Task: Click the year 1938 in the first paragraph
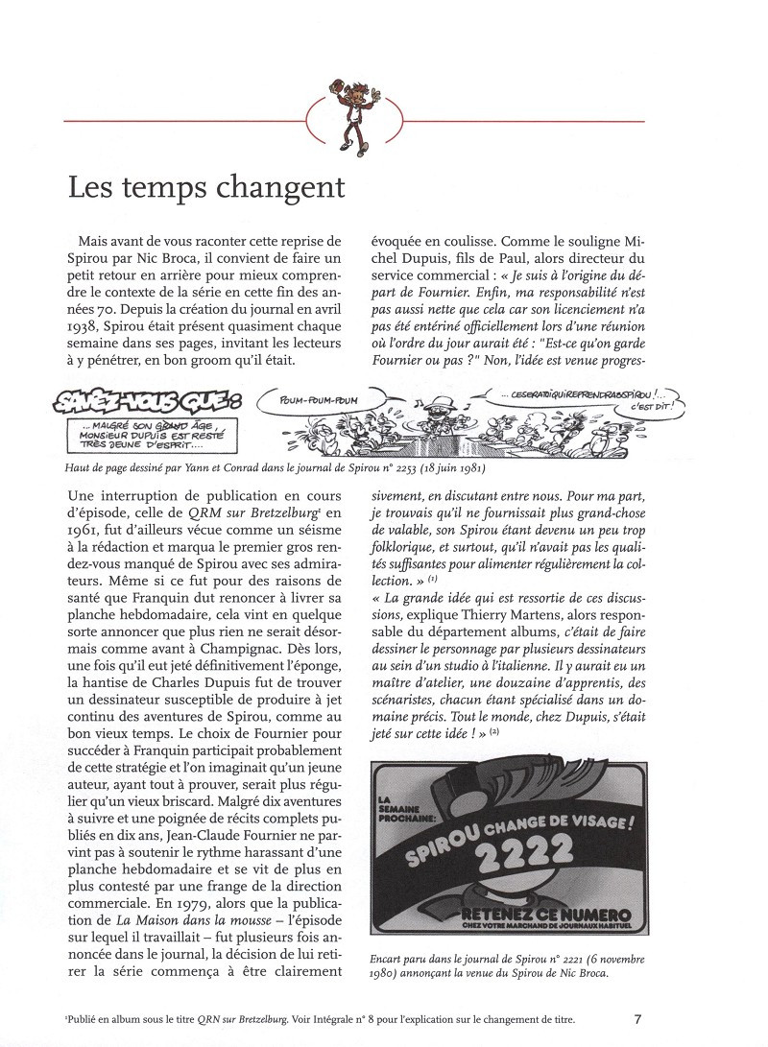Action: point(84,330)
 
